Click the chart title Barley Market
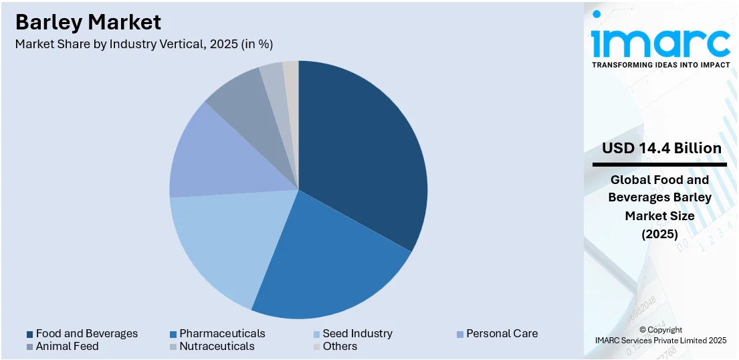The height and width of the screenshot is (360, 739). pos(88,22)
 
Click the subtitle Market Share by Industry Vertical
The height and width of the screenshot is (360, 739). pos(144,44)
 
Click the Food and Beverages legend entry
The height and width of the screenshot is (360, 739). pos(86,333)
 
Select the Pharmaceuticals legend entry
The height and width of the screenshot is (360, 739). pos(221,333)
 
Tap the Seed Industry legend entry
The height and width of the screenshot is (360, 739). pos(357,333)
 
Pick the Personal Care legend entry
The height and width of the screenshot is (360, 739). pos(501,333)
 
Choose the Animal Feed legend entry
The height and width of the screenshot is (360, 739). pos(67,346)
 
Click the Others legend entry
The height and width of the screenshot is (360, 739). pos(340,346)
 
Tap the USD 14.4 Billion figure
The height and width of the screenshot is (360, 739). pos(661,148)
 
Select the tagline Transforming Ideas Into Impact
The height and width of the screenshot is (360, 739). pos(660,65)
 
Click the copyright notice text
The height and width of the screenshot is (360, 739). pos(660,335)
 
